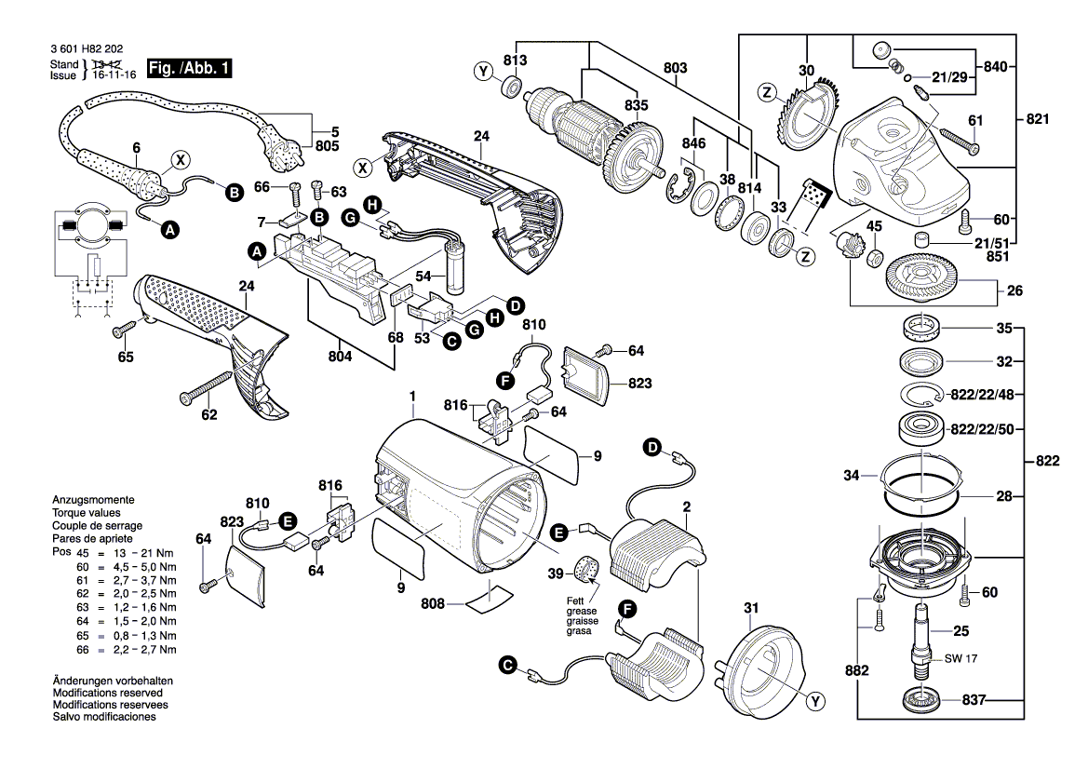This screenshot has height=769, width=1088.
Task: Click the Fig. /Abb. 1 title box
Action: click(189, 68)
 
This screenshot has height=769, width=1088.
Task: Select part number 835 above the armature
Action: click(636, 105)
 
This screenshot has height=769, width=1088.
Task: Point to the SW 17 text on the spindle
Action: click(960, 658)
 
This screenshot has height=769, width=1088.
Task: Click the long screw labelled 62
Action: click(206, 386)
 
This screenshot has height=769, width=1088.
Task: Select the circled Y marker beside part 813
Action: click(484, 72)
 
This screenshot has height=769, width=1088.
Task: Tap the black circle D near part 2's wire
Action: click(651, 448)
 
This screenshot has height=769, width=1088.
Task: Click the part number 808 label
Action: click(432, 604)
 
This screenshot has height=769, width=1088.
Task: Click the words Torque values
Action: click(86, 513)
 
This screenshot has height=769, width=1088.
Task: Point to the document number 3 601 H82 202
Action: click(87, 49)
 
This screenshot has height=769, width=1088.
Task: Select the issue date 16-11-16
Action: click(114, 75)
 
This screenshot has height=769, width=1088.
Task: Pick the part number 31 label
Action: click(751, 608)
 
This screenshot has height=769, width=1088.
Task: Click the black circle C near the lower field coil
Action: click(508, 667)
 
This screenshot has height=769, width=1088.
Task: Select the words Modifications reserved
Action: click(108, 693)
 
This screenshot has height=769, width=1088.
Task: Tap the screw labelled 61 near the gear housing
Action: click(960, 140)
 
